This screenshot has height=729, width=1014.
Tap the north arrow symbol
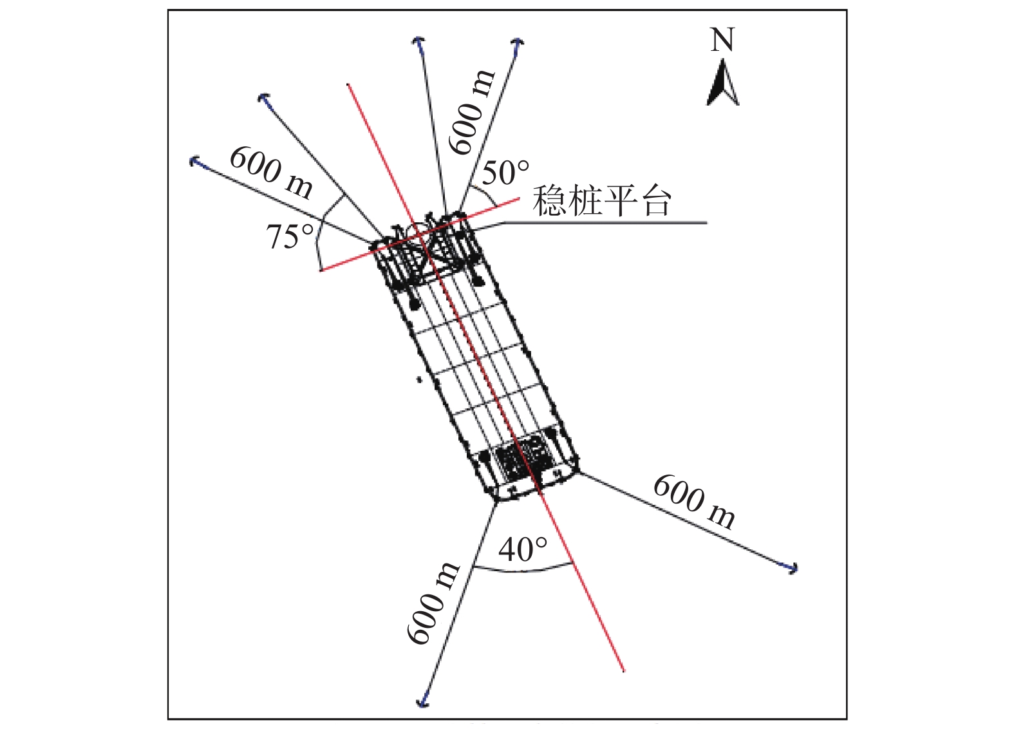[x=722, y=83]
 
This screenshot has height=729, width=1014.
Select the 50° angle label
[x=505, y=173]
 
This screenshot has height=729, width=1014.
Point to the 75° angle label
[x=290, y=237]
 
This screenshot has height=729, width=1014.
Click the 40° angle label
[x=523, y=550]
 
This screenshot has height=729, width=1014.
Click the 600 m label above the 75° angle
[x=271, y=173]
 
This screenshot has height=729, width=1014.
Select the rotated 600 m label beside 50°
[x=472, y=112]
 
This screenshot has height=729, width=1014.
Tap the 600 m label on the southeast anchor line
[x=695, y=502]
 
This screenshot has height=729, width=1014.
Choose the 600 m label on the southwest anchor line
[x=432, y=603]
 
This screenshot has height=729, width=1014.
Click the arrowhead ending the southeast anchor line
[x=792, y=567]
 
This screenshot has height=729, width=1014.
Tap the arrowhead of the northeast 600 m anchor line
[x=518, y=43]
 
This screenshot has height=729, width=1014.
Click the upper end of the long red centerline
[x=347, y=84]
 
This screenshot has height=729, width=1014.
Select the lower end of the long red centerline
[x=624, y=670]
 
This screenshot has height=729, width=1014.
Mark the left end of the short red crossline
[x=321, y=270]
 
